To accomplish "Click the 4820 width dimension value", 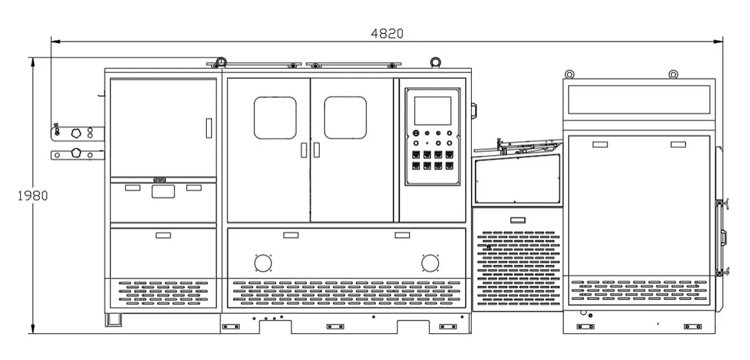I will pos(387,33).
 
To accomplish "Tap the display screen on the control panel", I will pos(432,110).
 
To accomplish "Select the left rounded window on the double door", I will pos(275,118).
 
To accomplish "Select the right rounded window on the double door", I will pos(345,118).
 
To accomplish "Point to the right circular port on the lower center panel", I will pos(430,263).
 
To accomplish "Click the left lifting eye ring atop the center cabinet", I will pos(221,62).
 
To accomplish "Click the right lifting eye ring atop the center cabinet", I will pos(436,62).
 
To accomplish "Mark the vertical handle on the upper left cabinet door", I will pos(208,128).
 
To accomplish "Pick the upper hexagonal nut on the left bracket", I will pos(76,133).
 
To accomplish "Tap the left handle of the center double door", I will pos(303,151).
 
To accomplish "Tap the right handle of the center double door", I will pos(316,151).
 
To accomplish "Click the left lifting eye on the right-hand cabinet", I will pos(569,74).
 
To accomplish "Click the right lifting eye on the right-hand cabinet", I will pos(674,74).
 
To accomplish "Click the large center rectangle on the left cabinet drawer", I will pos(163,192).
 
